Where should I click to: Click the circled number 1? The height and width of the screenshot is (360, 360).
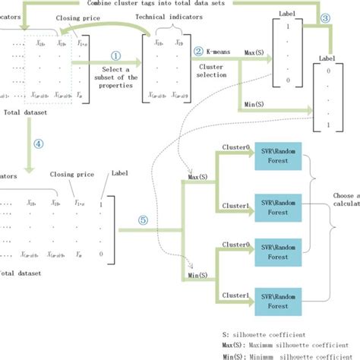tap(116, 55)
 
